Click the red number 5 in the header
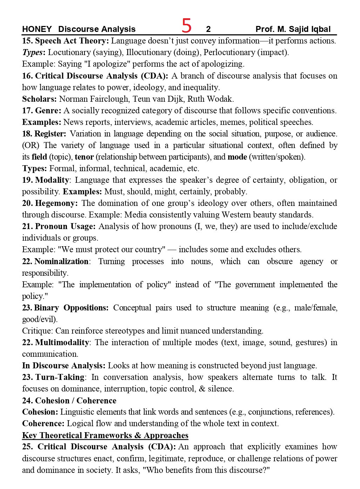(186, 26)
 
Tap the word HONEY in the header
(36, 29)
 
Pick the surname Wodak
(220, 99)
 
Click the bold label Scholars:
(39, 99)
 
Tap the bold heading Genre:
(48, 110)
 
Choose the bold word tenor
(84, 157)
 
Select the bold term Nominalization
(61, 261)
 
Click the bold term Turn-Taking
(60, 377)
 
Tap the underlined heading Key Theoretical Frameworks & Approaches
(105, 435)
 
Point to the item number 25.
(27, 447)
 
